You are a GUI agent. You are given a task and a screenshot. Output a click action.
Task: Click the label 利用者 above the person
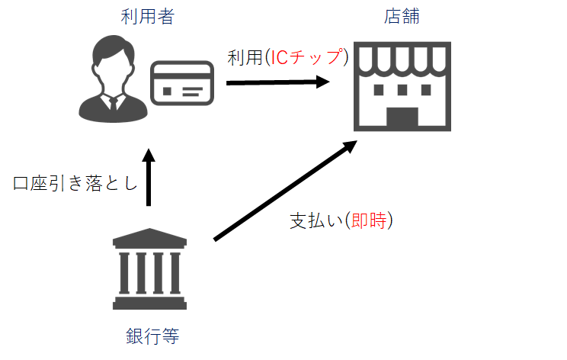148,17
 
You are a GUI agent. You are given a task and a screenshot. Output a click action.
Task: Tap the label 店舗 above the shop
402,17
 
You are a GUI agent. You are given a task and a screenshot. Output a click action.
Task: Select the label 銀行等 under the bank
152,336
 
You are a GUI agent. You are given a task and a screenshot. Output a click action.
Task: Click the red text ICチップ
306,57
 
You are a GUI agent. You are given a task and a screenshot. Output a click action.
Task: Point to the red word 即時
369,220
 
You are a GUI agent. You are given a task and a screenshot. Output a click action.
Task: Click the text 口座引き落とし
75,183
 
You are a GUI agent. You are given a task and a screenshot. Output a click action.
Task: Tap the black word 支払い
316,220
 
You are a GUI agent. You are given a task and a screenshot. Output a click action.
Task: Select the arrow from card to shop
277,82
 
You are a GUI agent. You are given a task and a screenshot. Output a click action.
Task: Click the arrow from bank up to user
149,177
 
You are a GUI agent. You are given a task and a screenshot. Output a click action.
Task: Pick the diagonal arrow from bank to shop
286,191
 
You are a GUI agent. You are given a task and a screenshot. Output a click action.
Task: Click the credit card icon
182,83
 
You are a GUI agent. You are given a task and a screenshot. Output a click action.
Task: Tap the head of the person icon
114,58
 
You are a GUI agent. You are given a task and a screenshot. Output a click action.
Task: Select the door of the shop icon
402,117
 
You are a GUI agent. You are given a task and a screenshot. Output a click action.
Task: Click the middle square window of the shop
402,90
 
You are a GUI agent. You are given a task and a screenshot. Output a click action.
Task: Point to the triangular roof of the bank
149,235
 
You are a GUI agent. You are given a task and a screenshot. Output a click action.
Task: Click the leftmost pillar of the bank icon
124,273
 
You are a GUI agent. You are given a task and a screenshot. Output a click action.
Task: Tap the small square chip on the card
167,92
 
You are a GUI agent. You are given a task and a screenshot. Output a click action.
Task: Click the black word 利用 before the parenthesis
245,57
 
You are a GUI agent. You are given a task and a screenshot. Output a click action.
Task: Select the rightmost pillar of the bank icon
175,273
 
